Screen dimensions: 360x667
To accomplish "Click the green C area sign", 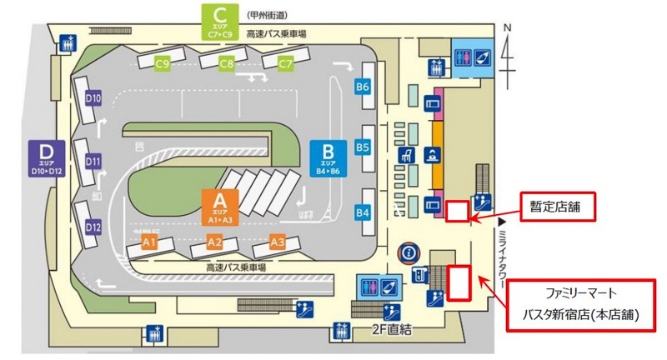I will (220, 21).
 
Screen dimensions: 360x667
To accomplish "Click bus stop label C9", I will (163, 63).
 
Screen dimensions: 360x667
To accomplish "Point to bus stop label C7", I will (286, 63).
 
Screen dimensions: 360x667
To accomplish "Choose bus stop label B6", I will (363, 86).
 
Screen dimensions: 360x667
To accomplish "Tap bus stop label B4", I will (363, 213).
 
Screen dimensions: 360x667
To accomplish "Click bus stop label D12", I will (93, 227).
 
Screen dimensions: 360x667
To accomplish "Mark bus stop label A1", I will (149, 242).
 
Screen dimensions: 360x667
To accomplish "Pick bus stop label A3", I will (277, 242).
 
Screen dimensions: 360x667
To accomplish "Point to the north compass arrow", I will (509, 46).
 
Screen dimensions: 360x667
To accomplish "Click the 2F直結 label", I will (392, 330).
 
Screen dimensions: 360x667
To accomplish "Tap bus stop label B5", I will (363, 147).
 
